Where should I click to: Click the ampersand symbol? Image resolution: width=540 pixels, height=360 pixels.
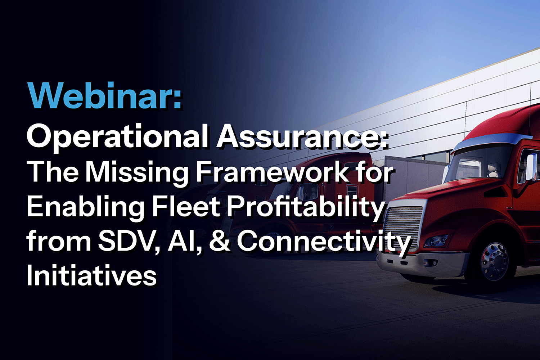[x=219, y=241]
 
